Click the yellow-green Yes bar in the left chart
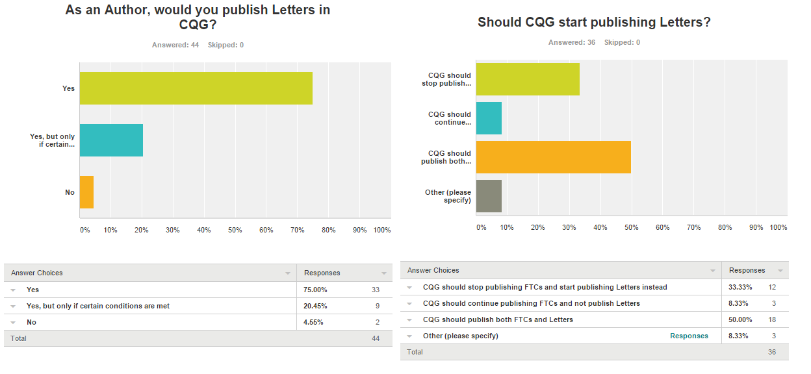(x=196, y=88)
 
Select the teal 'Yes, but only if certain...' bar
(x=111, y=140)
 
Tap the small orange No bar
(x=86, y=192)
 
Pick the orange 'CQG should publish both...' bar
(x=553, y=157)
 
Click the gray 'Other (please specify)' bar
(x=489, y=196)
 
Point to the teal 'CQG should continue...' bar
(x=489, y=118)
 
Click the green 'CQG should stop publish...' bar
(x=528, y=79)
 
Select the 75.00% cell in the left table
(x=315, y=290)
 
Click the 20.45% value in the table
(x=315, y=306)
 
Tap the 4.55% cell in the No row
(x=314, y=322)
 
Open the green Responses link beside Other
(x=689, y=336)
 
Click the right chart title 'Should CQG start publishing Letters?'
(x=594, y=22)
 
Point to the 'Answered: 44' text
(x=175, y=45)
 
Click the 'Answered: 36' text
(x=572, y=42)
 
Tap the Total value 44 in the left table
(x=376, y=338)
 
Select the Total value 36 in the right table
(x=772, y=352)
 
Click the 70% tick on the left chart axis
(x=297, y=230)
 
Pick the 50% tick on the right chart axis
(x=631, y=227)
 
